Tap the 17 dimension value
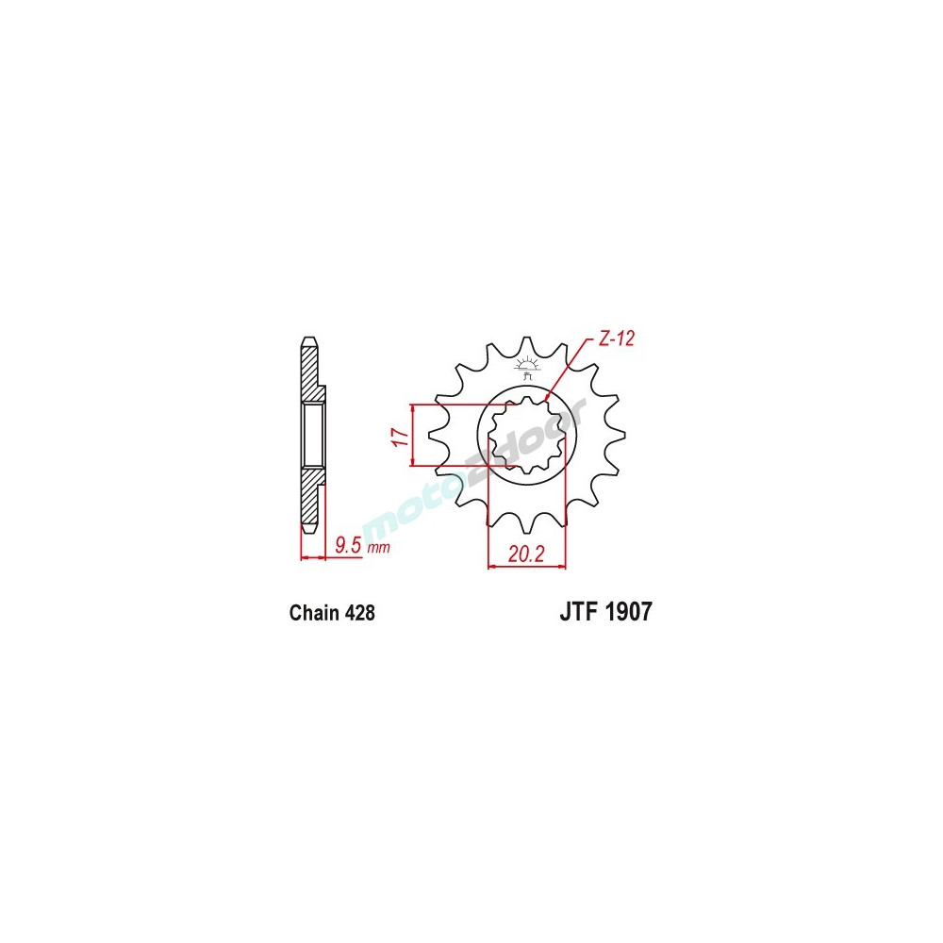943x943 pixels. (x=400, y=436)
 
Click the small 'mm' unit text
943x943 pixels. (x=378, y=547)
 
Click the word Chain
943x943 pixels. (x=314, y=614)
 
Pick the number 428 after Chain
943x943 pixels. (x=360, y=614)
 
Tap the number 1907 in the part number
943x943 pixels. (x=626, y=613)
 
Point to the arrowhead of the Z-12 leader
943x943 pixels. (x=546, y=402)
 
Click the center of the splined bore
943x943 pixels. (x=526, y=436)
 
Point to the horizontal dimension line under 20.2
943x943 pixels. (x=525, y=567)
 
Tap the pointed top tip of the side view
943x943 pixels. (x=307, y=338)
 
